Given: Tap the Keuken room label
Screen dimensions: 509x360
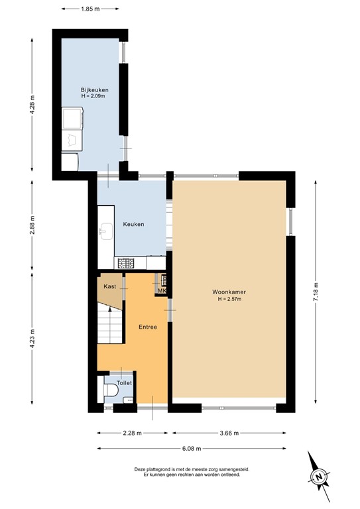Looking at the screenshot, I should coord(133,224).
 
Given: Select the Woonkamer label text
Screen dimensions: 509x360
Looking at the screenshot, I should coord(229,292).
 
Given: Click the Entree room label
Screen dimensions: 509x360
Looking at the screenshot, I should coord(147,327).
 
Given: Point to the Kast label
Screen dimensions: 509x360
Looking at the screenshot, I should coord(110,286).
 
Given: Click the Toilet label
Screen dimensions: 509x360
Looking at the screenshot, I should coord(124,382).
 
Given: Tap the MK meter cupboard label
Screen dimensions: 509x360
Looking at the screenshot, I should coord(161,290).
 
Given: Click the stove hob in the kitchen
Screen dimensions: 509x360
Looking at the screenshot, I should coord(125,264).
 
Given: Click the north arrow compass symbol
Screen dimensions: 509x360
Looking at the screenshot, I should coord(319,476).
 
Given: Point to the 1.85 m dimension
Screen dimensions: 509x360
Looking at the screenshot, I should coord(90,10).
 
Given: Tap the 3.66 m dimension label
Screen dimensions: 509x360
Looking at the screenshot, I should coord(229,433).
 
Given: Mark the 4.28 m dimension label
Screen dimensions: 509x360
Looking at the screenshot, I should coord(32,106).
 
